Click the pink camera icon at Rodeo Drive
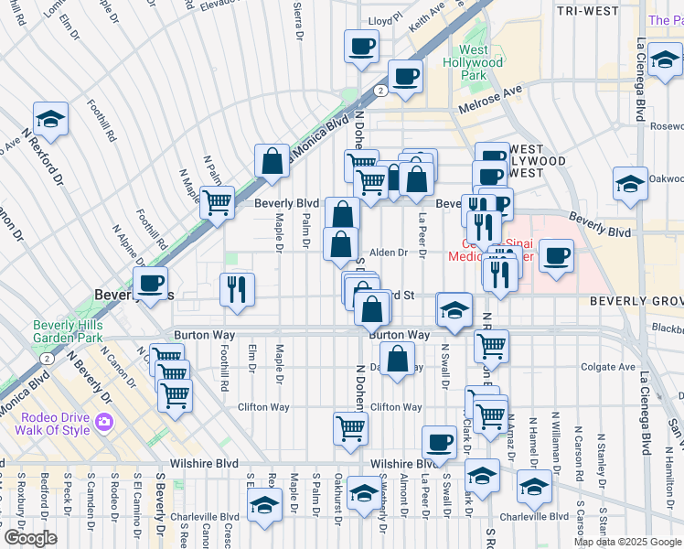pyautogui.click(x=103, y=422)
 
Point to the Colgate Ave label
pyautogui.click(x=612, y=367)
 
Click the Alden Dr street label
pyautogui.click(x=388, y=253)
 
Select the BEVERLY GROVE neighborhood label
pyautogui.click(x=636, y=300)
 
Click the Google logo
pyautogui.click(x=29, y=538)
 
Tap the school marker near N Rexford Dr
pyautogui.click(x=51, y=119)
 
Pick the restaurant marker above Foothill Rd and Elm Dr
pyautogui.click(x=237, y=288)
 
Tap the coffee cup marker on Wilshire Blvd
pyautogui.click(x=440, y=442)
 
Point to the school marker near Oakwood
pyautogui.click(x=630, y=183)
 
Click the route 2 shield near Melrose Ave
pyautogui.click(x=379, y=91)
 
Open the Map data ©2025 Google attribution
pyautogui.click(x=627, y=542)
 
